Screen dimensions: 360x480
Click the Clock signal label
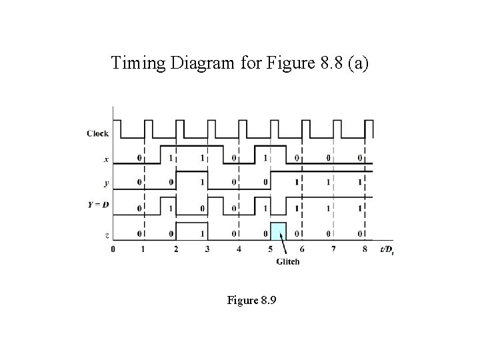tap(97, 133)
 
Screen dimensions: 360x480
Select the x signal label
tap(106, 158)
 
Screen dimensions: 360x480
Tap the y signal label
tap(106, 182)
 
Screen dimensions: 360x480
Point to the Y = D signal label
tap(98, 205)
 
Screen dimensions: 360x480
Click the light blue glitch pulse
tap(279, 231)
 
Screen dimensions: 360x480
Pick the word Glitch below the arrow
tap(288, 261)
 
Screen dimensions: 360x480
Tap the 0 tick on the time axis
tap(113, 249)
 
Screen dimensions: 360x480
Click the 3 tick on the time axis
tap(207, 249)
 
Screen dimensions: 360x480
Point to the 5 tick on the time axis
tap(271, 249)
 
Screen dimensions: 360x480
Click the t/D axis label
tap(385, 250)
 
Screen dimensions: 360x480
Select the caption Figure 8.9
tap(251, 301)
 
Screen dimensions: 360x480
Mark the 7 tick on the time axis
tap(333, 249)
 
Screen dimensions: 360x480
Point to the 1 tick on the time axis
tap(144, 249)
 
